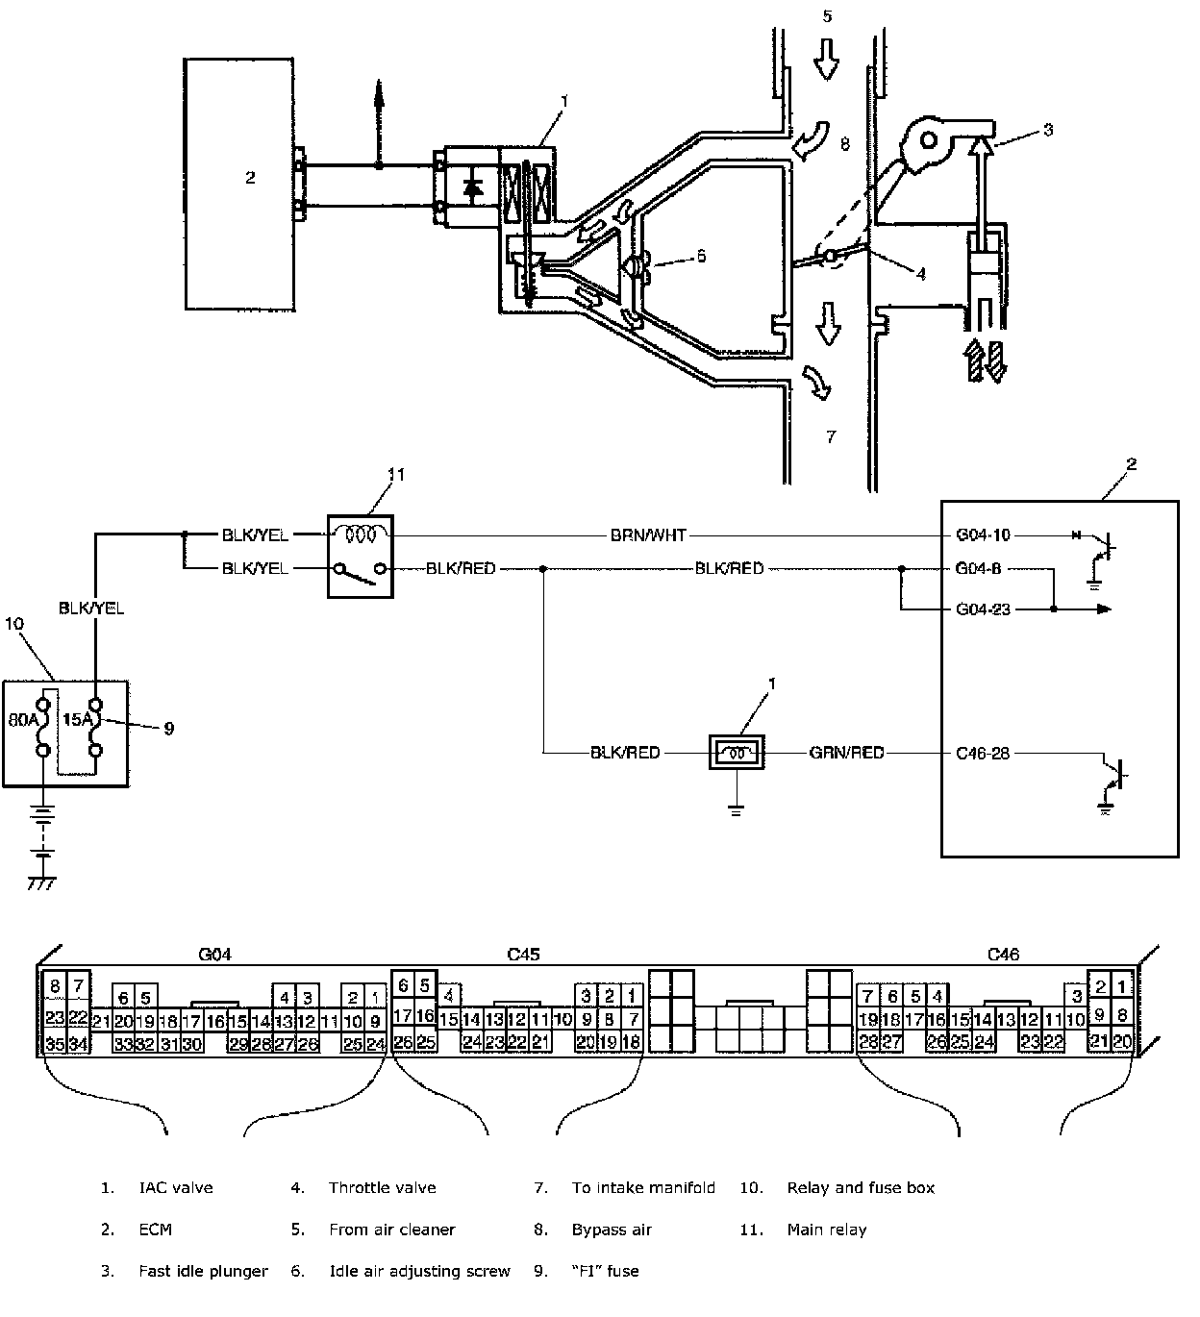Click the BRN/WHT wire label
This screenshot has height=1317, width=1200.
pos(648,535)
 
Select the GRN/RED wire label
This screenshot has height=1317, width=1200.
pos(846,753)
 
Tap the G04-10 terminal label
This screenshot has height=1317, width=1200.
pos(983,535)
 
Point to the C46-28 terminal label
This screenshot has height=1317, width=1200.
pos(983,753)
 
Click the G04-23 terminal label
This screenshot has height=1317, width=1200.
pos(983,609)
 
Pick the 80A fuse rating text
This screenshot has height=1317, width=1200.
pos(23,720)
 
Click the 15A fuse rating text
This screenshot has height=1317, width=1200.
pos(78,720)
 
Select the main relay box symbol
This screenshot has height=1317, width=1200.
pos(361,556)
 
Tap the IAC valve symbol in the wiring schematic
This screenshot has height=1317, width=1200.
pos(737,752)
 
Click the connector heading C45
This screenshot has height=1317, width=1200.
pos(523,954)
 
